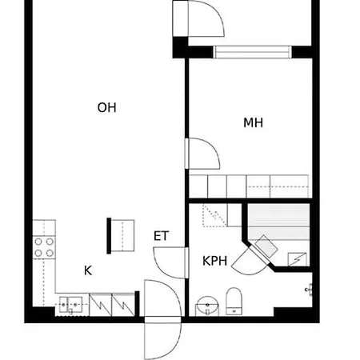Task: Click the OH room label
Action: click(x=106, y=107)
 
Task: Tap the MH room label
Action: click(x=253, y=122)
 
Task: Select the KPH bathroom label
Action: click(x=214, y=261)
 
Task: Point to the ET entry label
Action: click(x=161, y=236)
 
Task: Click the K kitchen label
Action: click(x=88, y=270)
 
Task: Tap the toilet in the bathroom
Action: click(x=234, y=301)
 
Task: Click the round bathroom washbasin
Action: click(x=207, y=306)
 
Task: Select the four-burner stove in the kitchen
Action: click(x=44, y=247)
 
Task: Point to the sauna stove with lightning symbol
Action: click(x=298, y=259)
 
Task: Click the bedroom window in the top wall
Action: click(x=252, y=52)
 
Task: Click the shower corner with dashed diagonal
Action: click(x=214, y=215)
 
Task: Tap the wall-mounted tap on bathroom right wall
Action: click(x=309, y=290)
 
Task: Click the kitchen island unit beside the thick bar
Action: click(x=122, y=236)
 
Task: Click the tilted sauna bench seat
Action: click(x=266, y=246)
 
